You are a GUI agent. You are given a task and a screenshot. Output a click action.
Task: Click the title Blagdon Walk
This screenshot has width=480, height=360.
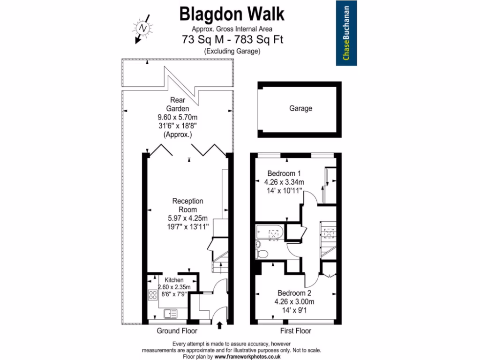(232, 15)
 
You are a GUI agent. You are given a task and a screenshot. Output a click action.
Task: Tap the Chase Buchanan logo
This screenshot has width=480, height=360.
(349, 33)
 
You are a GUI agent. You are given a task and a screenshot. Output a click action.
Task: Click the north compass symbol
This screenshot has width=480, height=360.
(142, 29)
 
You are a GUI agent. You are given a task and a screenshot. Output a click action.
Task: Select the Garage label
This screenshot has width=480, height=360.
(300, 108)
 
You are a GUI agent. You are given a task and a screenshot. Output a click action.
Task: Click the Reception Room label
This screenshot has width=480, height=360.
(187, 205)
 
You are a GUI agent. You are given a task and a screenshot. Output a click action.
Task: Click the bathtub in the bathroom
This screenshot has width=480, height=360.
(270, 232)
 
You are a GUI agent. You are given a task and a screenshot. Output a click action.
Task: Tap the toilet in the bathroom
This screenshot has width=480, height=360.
(262, 254)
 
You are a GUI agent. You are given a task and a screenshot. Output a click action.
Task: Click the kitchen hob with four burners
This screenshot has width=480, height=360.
(153, 295)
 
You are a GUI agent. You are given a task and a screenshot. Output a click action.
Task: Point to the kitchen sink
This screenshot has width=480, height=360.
(170, 313)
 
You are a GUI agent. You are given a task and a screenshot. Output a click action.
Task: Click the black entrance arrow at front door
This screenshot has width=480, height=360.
(221, 325)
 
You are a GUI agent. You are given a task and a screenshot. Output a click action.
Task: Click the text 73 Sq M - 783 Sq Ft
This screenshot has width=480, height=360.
(232, 40)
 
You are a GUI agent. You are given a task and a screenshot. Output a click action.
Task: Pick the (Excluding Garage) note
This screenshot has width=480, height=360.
(232, 51)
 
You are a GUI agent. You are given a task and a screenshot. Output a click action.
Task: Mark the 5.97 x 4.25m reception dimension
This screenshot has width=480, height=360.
(187, 218)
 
